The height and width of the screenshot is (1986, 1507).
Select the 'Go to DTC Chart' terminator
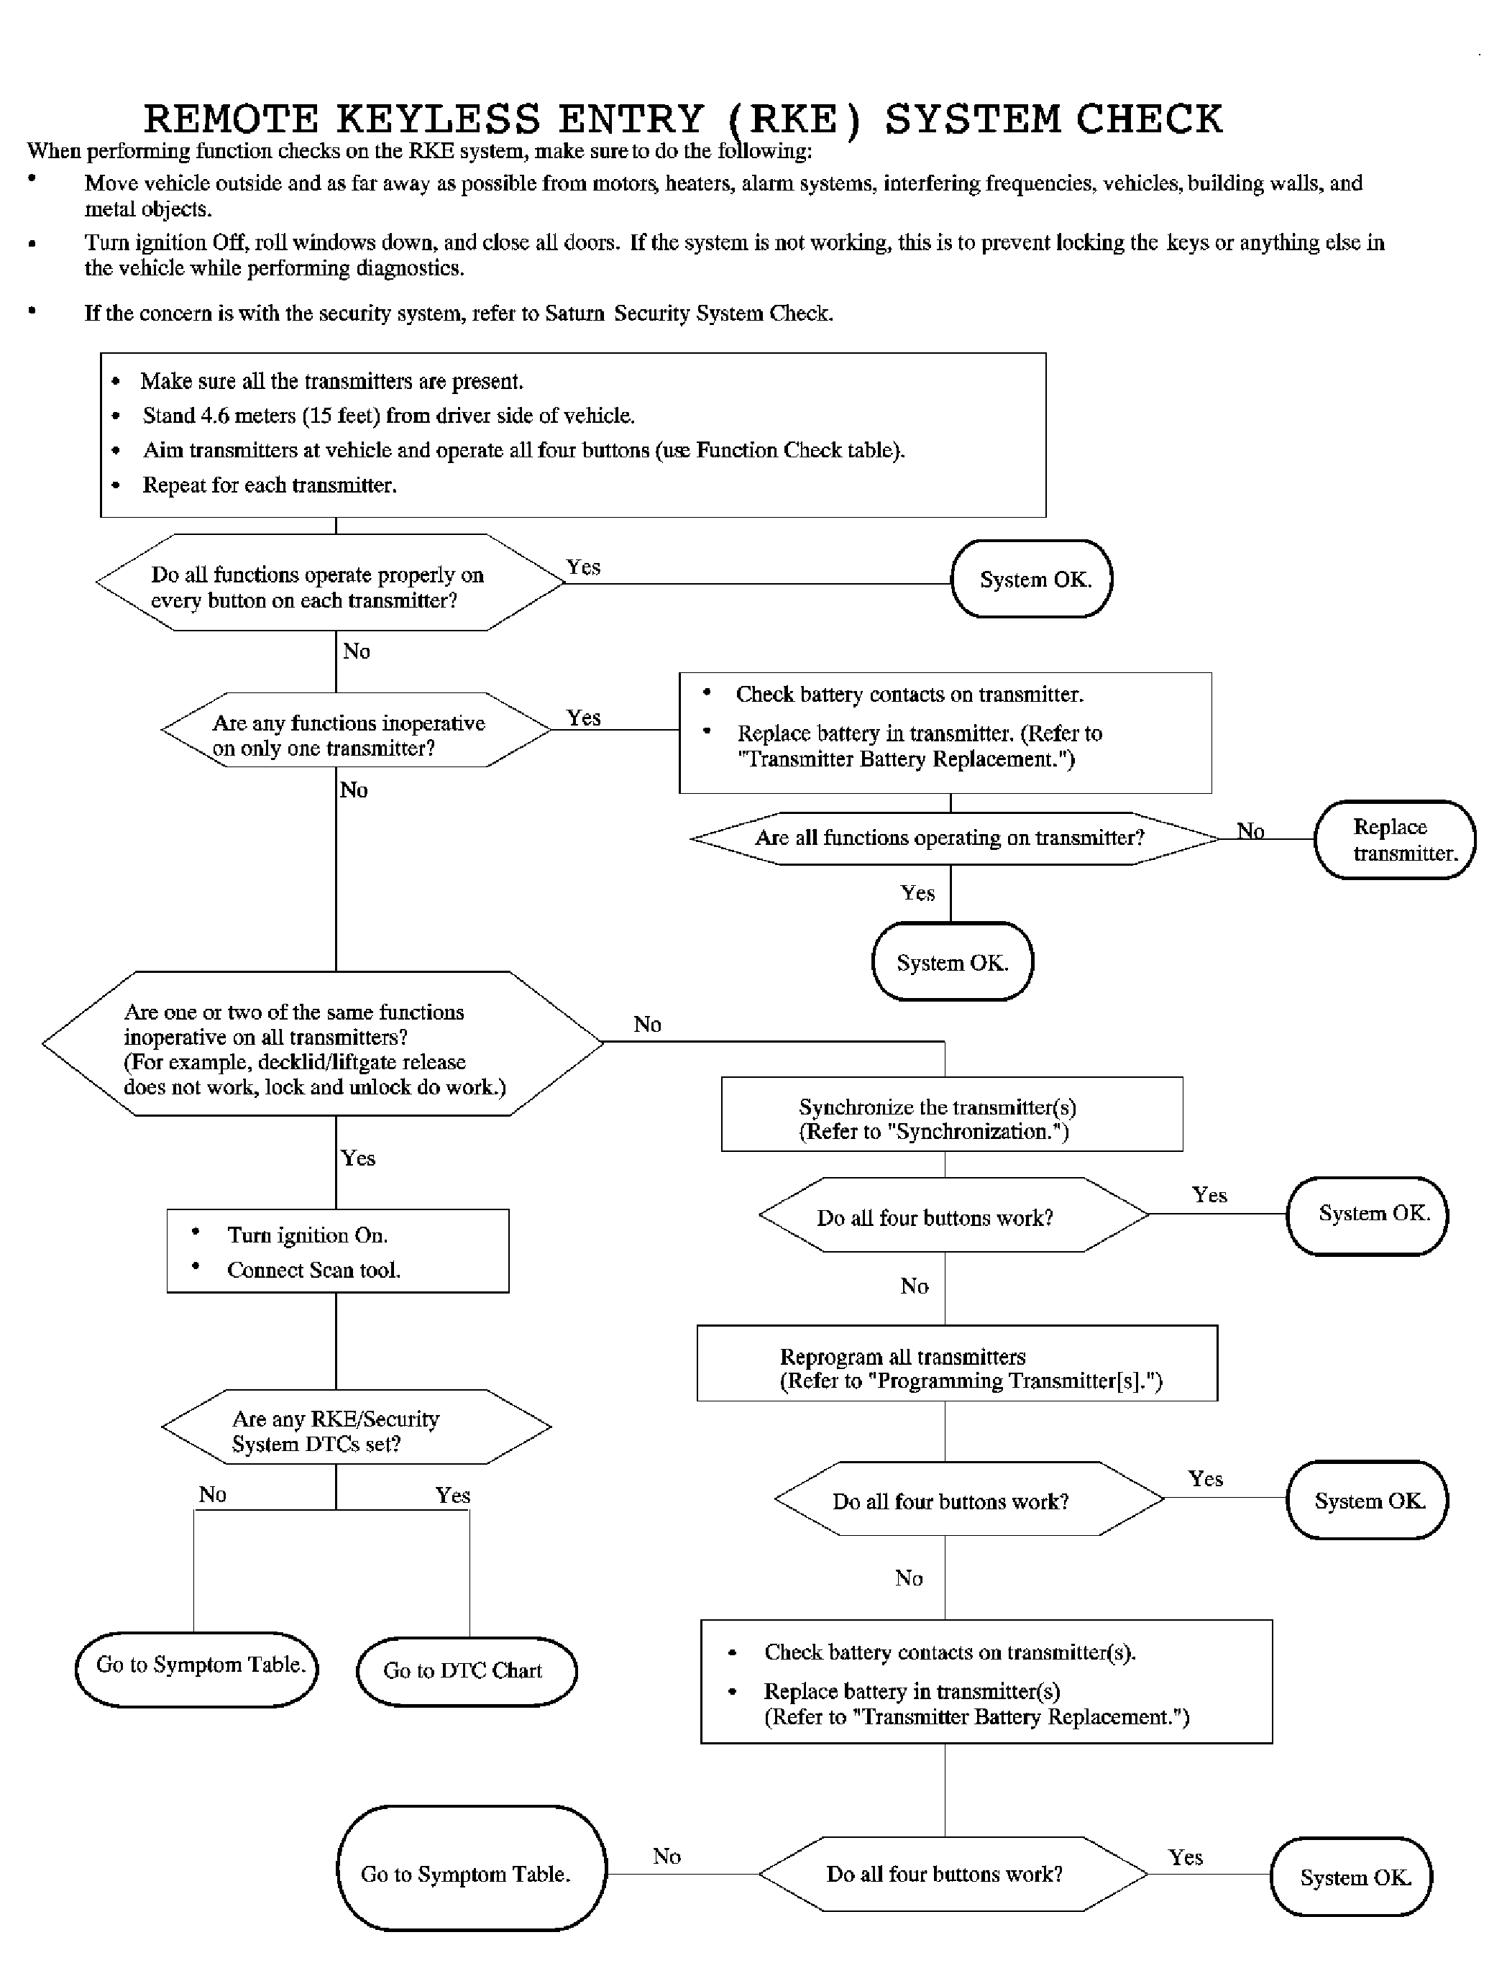click(x=467, y=1671)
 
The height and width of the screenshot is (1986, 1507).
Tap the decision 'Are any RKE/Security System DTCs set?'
click(x=357, y=1427)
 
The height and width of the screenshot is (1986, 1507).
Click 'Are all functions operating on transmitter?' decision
click(x=955, y=838)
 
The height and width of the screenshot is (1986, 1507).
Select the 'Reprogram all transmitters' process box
click(x=957, y=1363)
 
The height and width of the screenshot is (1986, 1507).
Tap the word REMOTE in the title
click(x=232, y=119)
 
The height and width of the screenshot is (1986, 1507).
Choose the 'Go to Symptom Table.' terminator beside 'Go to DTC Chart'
click(x=196, y=1669)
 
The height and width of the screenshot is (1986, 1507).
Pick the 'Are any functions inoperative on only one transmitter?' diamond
click(x=357, y=730)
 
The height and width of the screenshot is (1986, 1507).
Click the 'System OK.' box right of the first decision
click(x=1032, y=579)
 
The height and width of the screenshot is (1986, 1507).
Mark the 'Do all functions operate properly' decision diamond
click(x=330, y=582)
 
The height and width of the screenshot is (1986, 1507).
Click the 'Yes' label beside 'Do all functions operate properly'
click(x=583, y=567)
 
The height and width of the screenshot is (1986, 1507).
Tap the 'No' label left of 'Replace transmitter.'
click(x=1250, y=830)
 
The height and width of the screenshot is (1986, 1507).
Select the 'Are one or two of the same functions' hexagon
click(x=323, y=1043)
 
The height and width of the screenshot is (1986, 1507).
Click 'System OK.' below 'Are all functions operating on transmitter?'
click(x=953, y=961)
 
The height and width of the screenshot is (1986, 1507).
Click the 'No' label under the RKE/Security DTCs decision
click(x=213, y=1494)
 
